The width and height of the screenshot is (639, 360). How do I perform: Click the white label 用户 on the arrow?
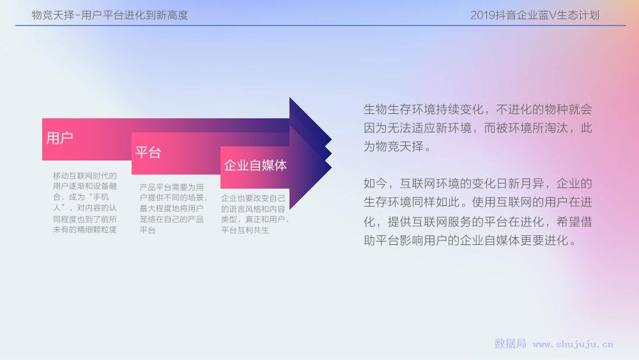click(x=59, y=138)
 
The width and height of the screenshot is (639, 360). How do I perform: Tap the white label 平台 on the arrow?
click(x=148, y=152)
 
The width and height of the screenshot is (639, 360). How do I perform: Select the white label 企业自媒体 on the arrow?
click(x=255, y=165)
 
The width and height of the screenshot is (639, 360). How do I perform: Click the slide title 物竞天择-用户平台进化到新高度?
click(x=110, y=15)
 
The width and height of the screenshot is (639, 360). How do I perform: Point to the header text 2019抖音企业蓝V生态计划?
click(x=535, y=15)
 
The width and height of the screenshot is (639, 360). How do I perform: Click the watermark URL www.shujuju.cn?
click(x=573, y=345)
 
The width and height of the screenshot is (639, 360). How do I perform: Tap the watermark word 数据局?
click(x=510, y=343)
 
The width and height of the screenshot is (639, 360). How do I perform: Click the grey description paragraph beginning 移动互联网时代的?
click(x=85, y=203)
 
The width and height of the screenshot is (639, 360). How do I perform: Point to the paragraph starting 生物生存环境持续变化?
click(x=477, y=128)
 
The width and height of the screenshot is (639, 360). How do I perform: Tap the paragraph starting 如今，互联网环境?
click(x=477, y=212)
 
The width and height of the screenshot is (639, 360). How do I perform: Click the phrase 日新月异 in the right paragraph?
click(x=520, y=184)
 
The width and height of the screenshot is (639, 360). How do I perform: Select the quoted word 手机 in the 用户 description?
click(x=101, y=198)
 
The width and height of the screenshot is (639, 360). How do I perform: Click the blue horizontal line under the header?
click(x=321, y=26)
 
